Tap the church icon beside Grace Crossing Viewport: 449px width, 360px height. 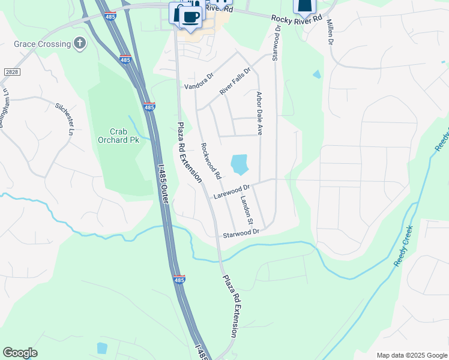[79, 43]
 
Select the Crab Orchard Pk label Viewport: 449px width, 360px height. [118, 136]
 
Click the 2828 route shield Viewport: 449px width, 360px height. [11, 72]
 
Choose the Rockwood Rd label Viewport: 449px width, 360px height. [211, 161]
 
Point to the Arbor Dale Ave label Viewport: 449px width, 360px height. [260, 112]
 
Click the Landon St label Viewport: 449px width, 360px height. [246, 210]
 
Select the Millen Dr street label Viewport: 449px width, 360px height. [330, 32]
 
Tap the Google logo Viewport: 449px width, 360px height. [20, 353]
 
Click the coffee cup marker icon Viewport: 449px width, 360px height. [190, 17]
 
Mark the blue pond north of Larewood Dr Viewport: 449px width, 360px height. [239, 163]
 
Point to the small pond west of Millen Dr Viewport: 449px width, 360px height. [316, 75]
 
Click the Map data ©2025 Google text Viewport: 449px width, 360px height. [411, 355]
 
